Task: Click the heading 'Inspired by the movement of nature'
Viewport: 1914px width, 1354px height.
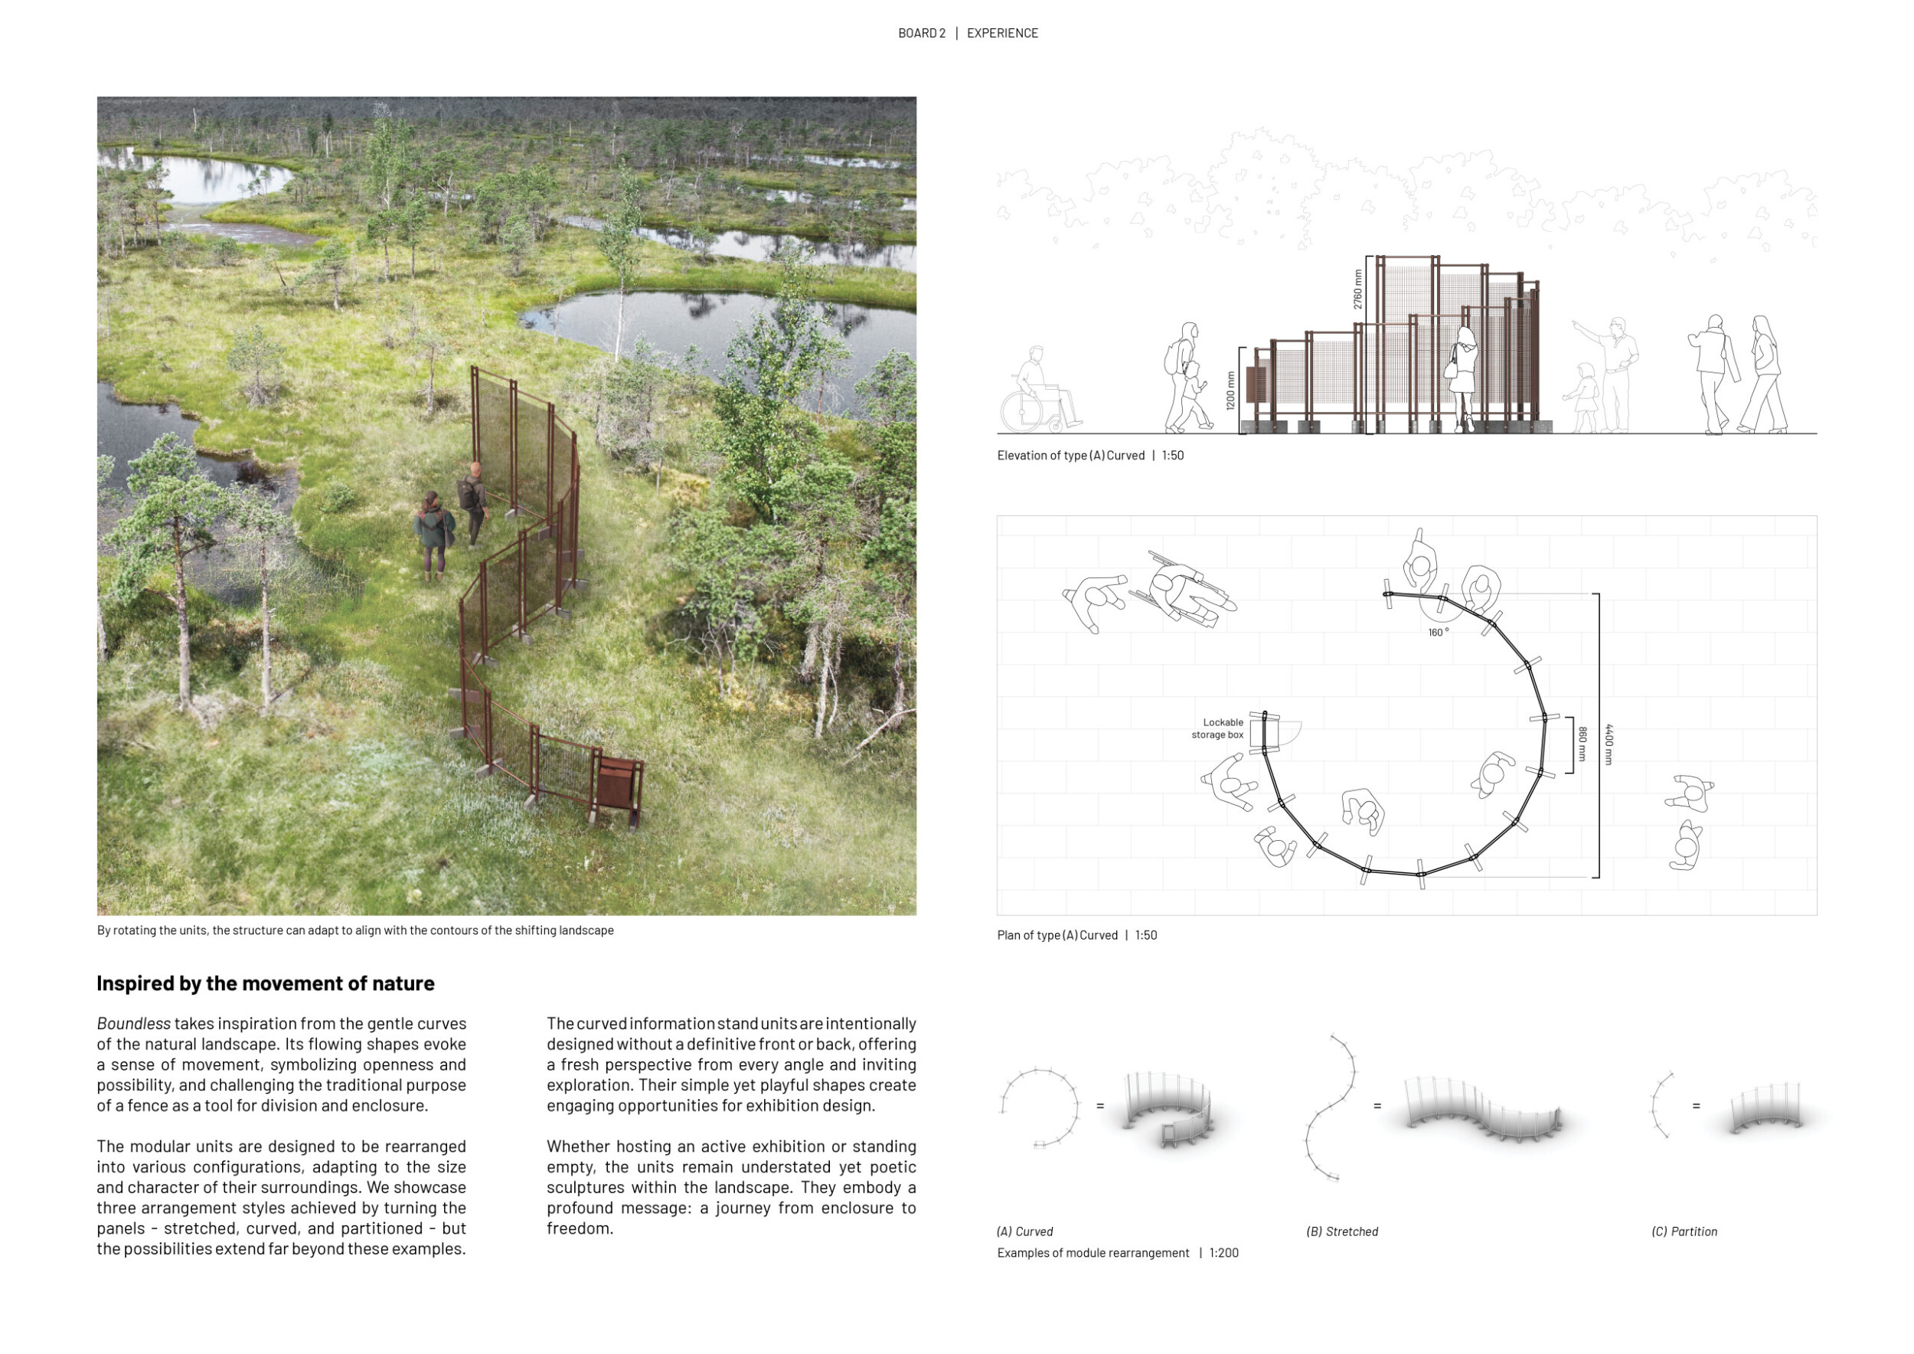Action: (x=265, y=984)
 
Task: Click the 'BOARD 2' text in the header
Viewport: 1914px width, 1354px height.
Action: (x=921, y=34)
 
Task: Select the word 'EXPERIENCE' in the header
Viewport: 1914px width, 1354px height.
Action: (x=1002, y=34)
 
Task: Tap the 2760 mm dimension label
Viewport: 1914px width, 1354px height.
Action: (x=1358, y=289)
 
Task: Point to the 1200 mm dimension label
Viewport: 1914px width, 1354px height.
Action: (x=1230, y=390)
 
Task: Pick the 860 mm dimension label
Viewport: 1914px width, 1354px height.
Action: (x=1582, y=744)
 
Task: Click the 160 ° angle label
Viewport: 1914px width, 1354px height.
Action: (x=1438, y=633)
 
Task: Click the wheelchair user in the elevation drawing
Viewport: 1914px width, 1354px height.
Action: (x=1038, y=392)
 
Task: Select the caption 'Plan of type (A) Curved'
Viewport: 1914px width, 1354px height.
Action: (x=1057, y=935)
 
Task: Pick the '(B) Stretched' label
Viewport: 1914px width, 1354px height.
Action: (x=1341, y=1231)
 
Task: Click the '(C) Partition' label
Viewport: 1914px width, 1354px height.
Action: (x=1684, y=1231)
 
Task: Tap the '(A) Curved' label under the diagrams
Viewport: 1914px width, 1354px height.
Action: (x=1024, y=1231)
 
